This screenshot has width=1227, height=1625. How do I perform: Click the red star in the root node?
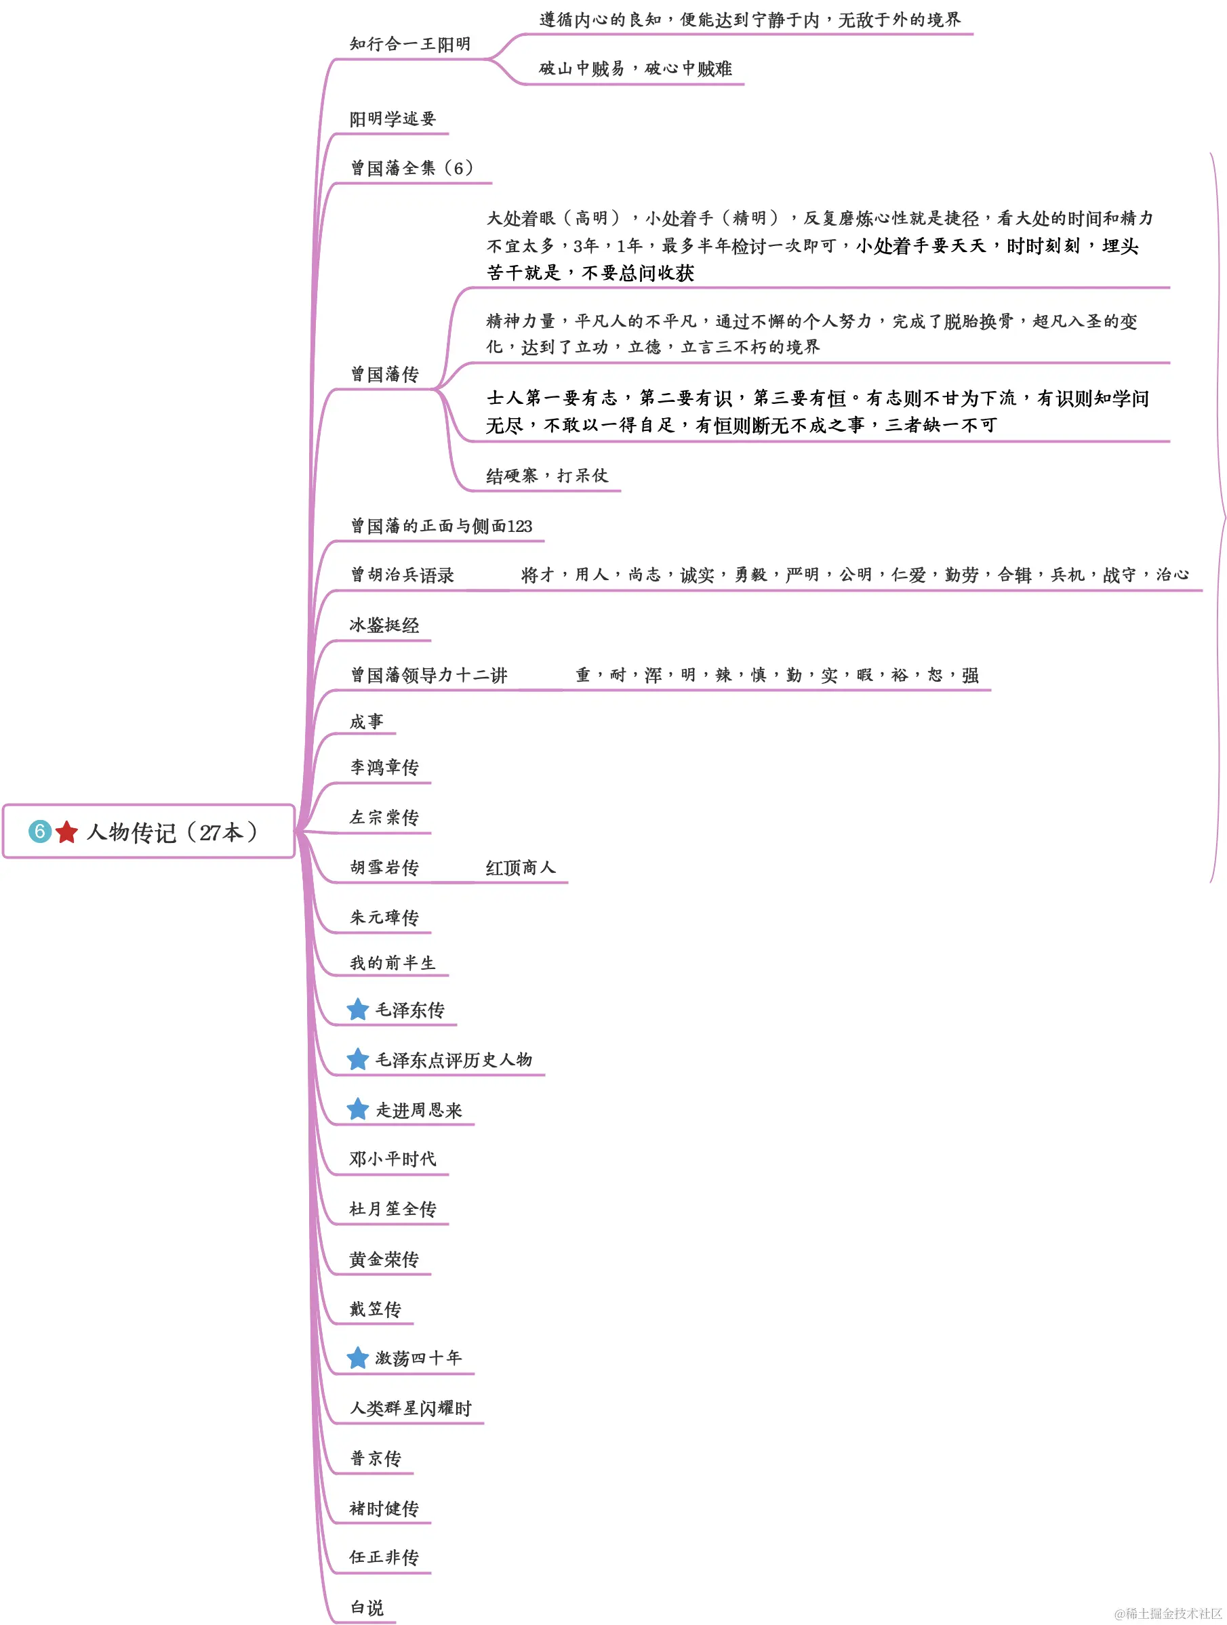(66, 831)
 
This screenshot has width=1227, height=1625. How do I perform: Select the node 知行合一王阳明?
(410, 44)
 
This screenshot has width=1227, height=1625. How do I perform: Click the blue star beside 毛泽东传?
(358, 1010)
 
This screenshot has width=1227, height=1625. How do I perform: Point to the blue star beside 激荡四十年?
(358, 1357)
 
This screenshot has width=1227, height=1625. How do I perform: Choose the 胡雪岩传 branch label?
(384, 867)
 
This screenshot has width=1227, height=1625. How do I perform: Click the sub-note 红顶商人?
(520, 867)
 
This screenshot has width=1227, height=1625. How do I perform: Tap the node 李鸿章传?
(384, 768)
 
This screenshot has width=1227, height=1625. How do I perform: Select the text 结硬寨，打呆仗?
(547, 475)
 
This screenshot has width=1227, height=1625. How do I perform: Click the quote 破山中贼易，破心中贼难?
(636, 68)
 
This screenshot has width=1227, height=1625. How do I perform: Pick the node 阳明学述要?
(393, 119)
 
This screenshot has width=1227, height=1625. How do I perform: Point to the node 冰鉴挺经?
(384, 625)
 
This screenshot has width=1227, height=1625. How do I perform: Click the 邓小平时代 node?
(393, 1159)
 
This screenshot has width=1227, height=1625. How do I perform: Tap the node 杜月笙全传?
(393, 1209)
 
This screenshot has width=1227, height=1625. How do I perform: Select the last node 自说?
(367, 1608)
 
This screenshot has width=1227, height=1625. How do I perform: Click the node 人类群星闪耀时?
(411, 1408)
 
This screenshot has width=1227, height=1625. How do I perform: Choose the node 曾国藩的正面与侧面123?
(441, 526)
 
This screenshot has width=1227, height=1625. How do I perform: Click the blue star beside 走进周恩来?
(358, 1109)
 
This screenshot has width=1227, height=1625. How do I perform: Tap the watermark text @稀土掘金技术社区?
(1168, 1613)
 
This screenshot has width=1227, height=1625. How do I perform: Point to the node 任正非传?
(384, 1557)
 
